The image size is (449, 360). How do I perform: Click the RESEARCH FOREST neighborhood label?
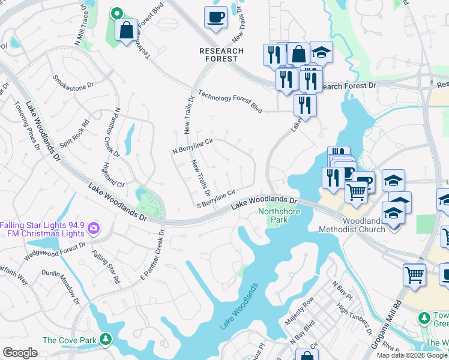(x=221, y=55)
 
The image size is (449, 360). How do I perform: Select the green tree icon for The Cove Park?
(x=106, y=340)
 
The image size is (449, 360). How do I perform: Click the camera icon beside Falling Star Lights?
(x=94, y=229)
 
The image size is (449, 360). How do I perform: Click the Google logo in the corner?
(x=20, y=353)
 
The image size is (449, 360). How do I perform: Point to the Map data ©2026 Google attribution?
(x=412, y=355)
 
